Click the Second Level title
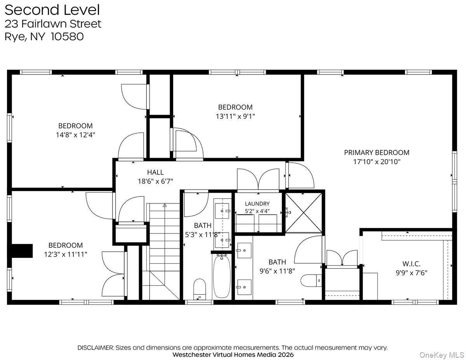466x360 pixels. (52, 10)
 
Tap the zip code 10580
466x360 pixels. (67, 37)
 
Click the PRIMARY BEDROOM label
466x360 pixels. (377, 153)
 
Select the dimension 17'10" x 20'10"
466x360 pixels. (377, 162)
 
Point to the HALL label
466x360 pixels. (155, 172)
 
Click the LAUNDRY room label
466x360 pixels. (257, 203)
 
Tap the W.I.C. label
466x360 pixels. (411, 264)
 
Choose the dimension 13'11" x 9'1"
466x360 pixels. (235, 116)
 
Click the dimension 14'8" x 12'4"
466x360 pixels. (75, 135)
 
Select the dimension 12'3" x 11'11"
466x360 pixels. (66, 254)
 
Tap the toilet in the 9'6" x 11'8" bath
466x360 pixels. (311, 280)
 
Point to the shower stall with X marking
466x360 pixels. (304, 213)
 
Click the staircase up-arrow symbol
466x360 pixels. (165, 205)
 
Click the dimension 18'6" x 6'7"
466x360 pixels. (155, 181)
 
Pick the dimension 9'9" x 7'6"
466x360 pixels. (411, 273)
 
